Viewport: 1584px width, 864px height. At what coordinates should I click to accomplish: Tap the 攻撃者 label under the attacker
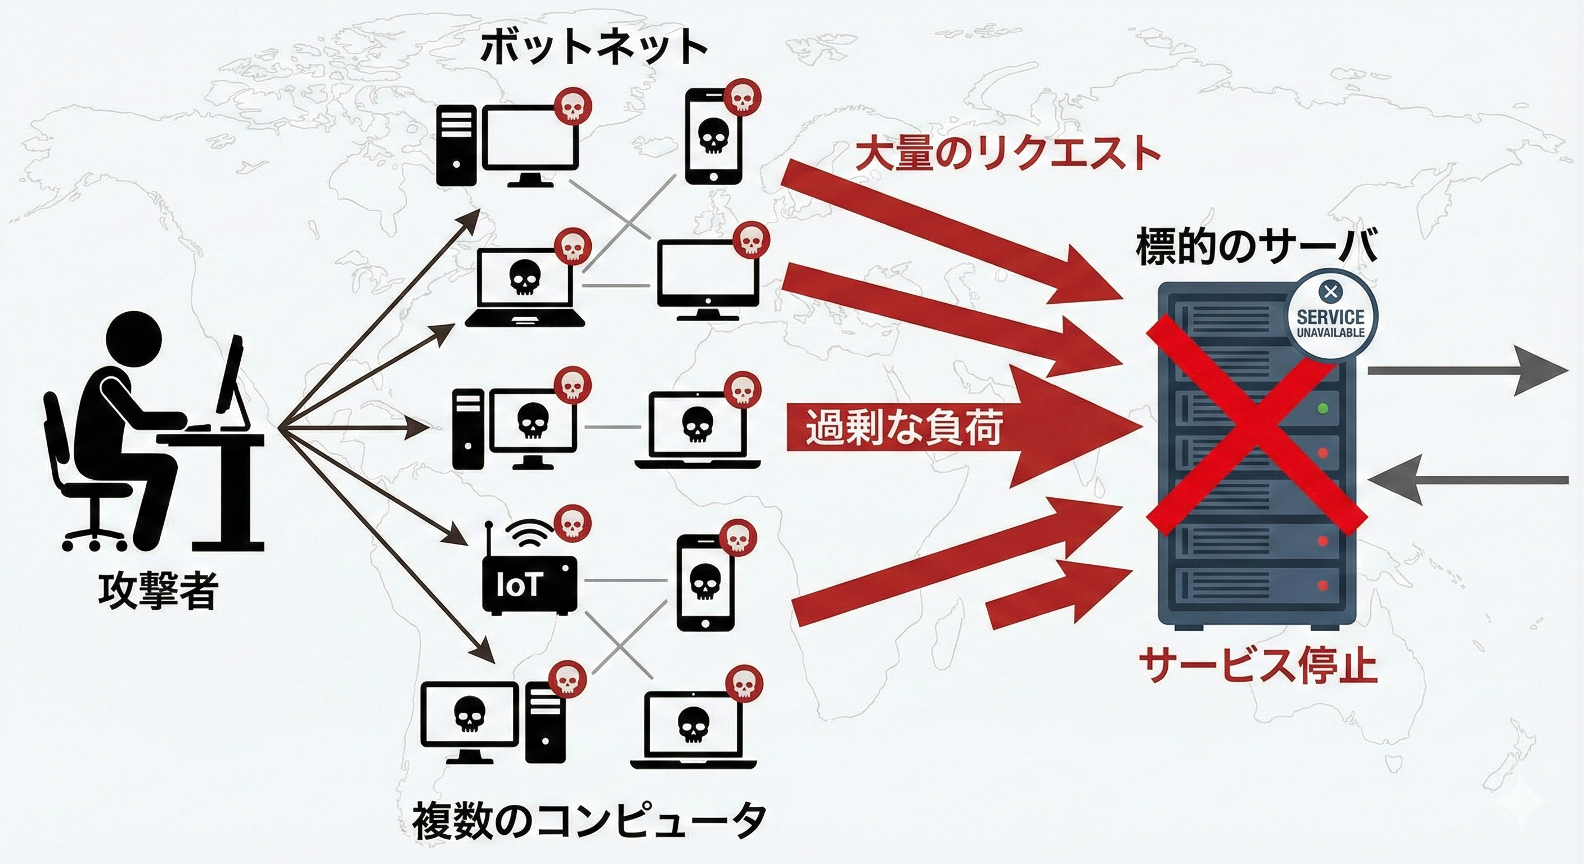point(159,591)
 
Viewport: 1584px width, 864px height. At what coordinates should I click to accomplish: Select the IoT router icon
point(529,584)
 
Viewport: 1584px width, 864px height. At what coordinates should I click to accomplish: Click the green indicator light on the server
point(1322,408)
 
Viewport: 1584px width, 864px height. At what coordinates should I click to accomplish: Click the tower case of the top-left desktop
point(456,146)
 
